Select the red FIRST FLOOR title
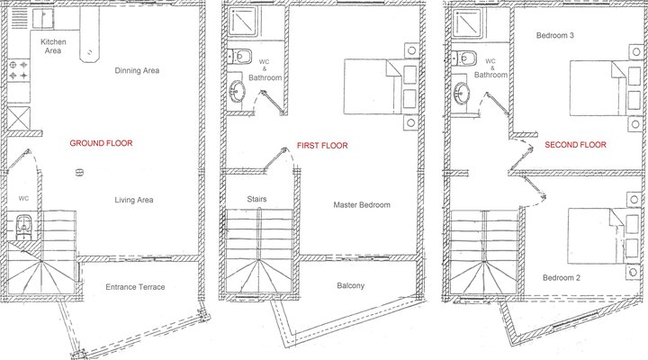322,145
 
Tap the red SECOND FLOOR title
575,143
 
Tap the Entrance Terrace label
135,287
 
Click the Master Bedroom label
362,205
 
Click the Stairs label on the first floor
256,198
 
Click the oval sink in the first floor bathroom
238,91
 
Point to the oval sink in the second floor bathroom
462,92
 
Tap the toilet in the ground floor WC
23,225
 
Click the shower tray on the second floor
466,24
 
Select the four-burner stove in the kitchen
18,73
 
